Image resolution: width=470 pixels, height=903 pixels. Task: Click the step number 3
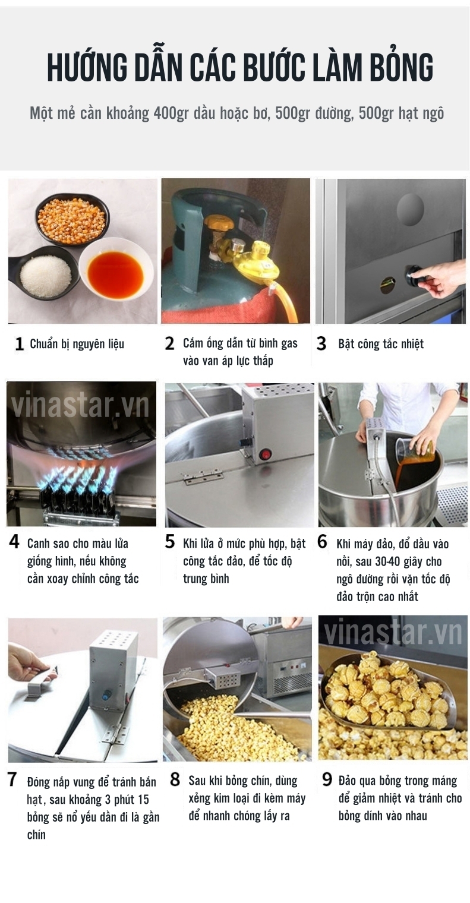(x=321, y=344)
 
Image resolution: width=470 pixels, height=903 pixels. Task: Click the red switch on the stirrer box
(x=266, y=454)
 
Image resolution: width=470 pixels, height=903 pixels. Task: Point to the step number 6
(x=322, y=542)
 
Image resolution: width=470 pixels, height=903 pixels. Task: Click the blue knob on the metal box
(x=108, y=694)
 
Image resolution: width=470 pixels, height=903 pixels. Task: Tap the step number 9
(x=327, y=779)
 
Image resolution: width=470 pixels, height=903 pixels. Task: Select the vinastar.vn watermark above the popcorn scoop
(x=393, y=633)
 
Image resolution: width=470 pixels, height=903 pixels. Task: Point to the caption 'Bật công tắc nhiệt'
(x=381, y=344)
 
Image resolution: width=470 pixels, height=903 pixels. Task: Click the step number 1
(x=20, y=344)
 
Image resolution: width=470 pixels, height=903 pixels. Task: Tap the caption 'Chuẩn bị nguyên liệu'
(x=77, y=345)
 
